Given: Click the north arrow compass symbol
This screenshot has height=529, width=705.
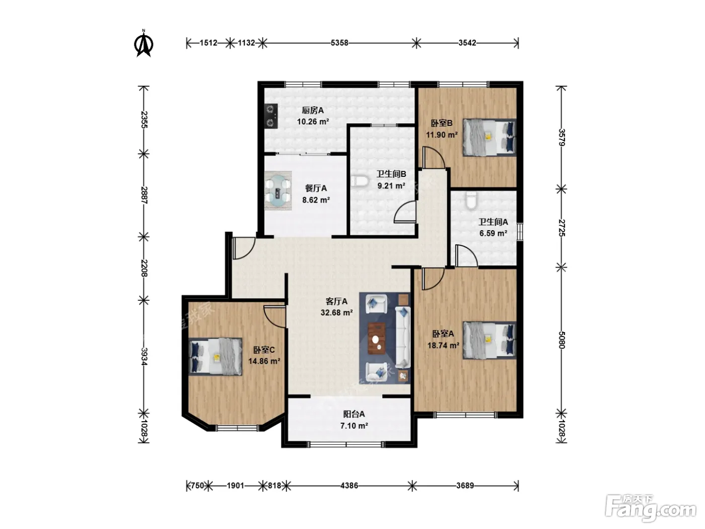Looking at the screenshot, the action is pyautogui.click(x=144, y=43).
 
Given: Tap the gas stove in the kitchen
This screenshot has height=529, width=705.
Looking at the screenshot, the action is pyautogui.click(x=271, y=116).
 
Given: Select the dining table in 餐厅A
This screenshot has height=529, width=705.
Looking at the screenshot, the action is pyautogui.click(x=278, y=191).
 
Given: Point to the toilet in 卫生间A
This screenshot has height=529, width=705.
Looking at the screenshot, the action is pyautogui.click(x=471, y=200).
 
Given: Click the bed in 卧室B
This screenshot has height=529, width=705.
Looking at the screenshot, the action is pyautogui.click(x=489, y=138).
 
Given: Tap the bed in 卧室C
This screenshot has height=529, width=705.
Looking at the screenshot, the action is pyautogui.click(x=215, y=357).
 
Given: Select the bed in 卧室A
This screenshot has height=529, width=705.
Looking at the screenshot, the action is pyautogui.click(x=489, y=340).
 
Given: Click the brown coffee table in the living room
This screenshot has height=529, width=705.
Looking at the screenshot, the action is pyautogui.click(x=377, y=338).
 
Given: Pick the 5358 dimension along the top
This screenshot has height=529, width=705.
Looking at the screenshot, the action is pyautogui.click(x=339, y=43).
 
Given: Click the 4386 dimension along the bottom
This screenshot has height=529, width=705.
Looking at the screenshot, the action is pyautogui.click(x=349, y=485).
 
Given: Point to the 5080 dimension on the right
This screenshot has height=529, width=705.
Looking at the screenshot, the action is pyautogui.click(x=561, y=340).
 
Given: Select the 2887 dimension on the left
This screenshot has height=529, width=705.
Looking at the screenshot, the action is pyautogui.click(x=144, y=195).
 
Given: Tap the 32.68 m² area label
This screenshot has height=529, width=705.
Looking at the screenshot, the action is pyautogui.click(x=336, y=312).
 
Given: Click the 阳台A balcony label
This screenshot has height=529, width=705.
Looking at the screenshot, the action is pyautogui.click(x=354, y=414).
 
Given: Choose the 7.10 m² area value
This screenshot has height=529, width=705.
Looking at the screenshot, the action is pyautogui.click(x=354, y=426).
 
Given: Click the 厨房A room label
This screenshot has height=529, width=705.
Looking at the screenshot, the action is pyautogui.click(x=313, y=110).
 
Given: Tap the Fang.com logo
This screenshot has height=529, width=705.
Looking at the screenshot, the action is pyautogui.click(x=651, y=509).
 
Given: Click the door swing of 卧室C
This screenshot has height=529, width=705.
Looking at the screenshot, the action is pyautogui.click(x=275, y=316).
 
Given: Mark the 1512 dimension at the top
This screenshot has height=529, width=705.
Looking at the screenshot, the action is pyautogui.click(x=208, y=43).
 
